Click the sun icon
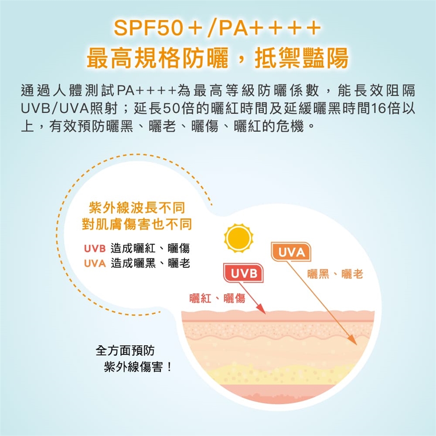(238, 238)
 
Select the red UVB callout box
(243, 273)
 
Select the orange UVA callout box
(291, 252)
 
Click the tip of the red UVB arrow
(266, 314)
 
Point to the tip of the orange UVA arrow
(357, 345)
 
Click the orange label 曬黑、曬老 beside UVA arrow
(335, 274)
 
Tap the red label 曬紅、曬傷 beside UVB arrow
(217, 298)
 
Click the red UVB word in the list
(95, 248)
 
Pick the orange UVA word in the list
(95, 263)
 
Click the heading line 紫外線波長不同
(137, 208)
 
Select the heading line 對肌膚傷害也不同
(137, 224)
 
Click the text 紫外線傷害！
(138, 367)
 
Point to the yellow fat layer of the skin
(278, 374)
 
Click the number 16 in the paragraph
(378, 109)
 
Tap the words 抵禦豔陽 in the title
(302, 58)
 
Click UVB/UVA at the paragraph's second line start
(55, 109)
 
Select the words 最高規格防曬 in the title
(158, 58)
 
